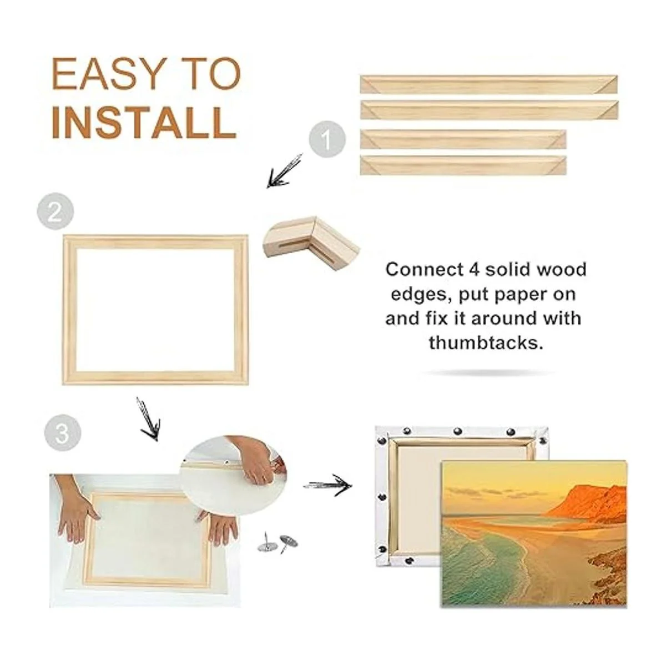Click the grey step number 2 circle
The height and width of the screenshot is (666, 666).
click(x=56, y=211)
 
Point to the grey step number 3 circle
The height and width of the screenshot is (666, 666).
click(x=62, y=433)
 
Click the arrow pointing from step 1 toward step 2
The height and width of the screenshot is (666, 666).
click(x=284, y=171)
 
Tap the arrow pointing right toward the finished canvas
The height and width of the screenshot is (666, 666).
click(x=327, y=486)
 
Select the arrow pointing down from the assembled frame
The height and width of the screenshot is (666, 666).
click(x=149, y=418)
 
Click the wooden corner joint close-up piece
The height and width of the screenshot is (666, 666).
click(x=311, y=244)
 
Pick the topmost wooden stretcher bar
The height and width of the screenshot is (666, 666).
click(x=488, y=84)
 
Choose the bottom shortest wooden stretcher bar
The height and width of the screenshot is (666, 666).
click(x=463, y=165)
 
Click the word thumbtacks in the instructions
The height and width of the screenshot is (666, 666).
click(x=486, y=343)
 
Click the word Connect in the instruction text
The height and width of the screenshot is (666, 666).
click(x=425, y=270)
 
